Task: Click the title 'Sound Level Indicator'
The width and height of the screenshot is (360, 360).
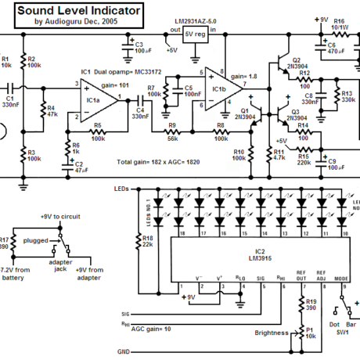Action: click(78, 10)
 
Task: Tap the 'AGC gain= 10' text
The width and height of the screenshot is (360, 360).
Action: click(150, 330)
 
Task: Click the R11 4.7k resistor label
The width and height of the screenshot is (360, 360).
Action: click(278, 154)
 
